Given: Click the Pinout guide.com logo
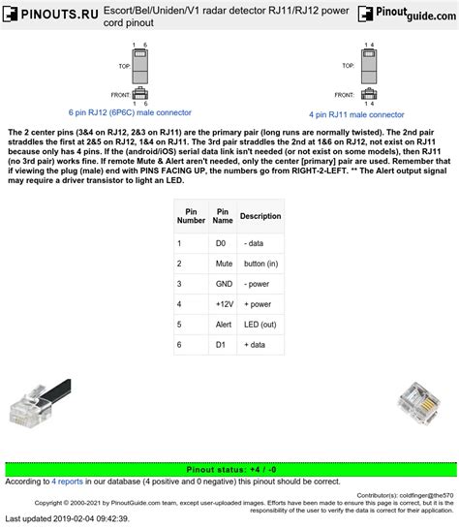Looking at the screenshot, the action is coord(406,15).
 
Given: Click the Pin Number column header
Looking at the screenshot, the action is coord(191,215).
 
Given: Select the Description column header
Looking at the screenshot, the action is coord(260,215).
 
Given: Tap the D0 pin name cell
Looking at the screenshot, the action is coord(222,242).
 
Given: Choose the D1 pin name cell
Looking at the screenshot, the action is coord(222,344).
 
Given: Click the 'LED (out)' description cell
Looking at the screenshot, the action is coord(260,324).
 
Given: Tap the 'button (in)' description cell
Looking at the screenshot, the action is coord(260,263).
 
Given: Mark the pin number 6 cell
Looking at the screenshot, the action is coord(180,344).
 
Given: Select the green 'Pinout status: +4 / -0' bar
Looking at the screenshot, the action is coord(229,469).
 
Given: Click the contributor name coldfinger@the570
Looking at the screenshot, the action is coord(421,494).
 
